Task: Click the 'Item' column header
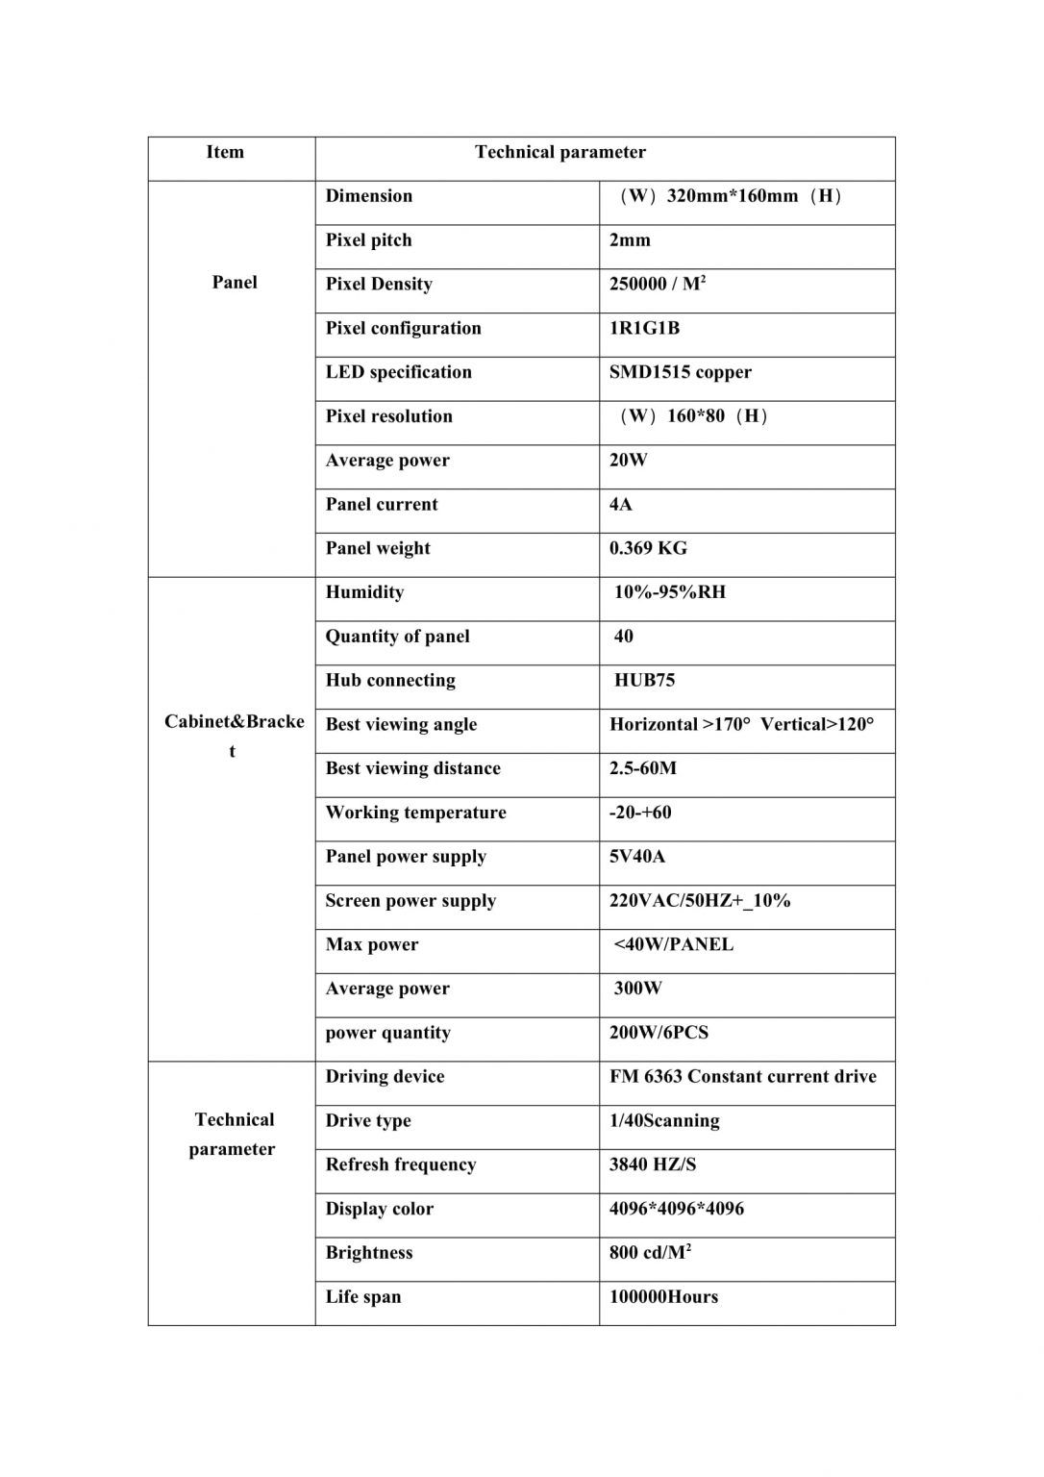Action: (225, 152)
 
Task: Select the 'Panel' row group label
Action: (235, 283)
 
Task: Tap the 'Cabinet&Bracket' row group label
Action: (234, 736)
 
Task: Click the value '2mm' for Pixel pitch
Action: (630, 240)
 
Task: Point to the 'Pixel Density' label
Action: (379, 285)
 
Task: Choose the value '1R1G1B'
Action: (644, 329)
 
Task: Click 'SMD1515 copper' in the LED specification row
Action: (680, 372)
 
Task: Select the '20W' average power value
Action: (628, 461)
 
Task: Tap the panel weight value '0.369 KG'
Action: (648, 549)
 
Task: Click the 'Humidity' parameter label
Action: (364, 592)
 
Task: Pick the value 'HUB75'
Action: (644, 681)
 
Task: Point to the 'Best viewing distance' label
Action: (412, 769)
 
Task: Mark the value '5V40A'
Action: (636, 857)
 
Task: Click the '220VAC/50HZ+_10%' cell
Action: (699, 901)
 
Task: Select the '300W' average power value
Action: (638, 989)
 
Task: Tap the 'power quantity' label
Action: (387, 1033)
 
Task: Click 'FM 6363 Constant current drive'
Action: (742, 1077)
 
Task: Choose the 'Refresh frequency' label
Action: (400, 1165)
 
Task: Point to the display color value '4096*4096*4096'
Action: (676, 1209)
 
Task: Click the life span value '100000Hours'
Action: (663, 1297)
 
